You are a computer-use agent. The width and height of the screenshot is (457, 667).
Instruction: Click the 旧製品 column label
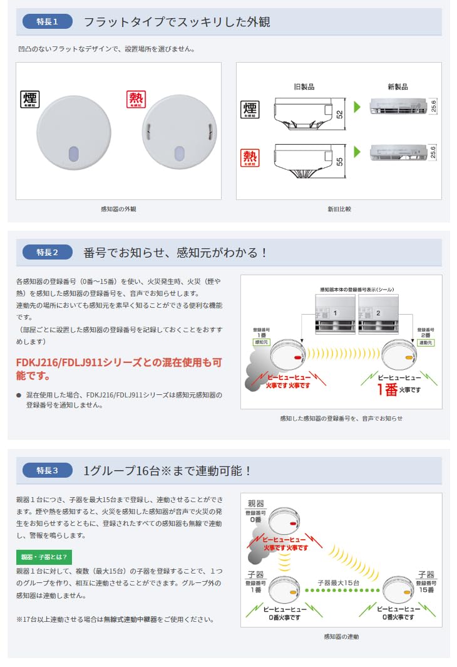304,87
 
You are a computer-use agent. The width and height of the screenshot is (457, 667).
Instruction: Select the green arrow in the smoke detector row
357,107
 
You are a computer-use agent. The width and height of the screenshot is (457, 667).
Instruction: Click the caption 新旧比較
339,209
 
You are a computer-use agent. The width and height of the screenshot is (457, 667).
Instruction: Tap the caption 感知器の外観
118,209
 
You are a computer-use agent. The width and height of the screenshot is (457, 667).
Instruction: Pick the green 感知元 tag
260,342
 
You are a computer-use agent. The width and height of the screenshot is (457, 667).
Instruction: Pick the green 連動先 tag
426,342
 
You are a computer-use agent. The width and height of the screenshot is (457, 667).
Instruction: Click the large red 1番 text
387,390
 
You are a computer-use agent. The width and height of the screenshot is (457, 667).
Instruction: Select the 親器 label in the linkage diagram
256,503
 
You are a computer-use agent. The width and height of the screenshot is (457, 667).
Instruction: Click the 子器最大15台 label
338,582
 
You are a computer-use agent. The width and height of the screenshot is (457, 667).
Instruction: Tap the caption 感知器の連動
341,636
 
